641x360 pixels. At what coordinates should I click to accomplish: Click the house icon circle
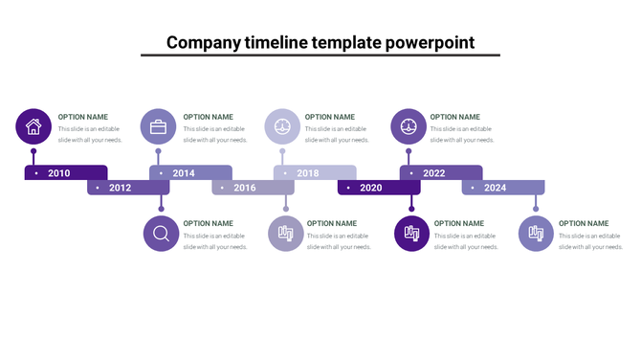pyautogui.click(x=33, y=126)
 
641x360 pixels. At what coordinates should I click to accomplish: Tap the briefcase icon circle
pyautogui.click(x=158, y=126)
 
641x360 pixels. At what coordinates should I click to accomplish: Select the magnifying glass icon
pyautogui.click(x=161, y=234)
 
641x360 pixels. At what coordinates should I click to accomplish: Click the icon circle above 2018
pyautogui.click(x=282, y=126)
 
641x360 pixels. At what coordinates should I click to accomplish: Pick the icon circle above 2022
pyautogui.click(x=409, y=126)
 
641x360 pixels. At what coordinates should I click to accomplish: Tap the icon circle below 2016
pyautogui.click(x=285, y=234)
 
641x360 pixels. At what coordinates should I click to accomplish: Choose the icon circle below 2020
pyautogui.click(x=412, y=234)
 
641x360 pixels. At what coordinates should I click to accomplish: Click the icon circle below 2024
pyautogui.click(x=537, y=234)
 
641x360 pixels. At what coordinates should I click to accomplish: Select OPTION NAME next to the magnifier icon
pyautogui.click(x=209, y=223)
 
